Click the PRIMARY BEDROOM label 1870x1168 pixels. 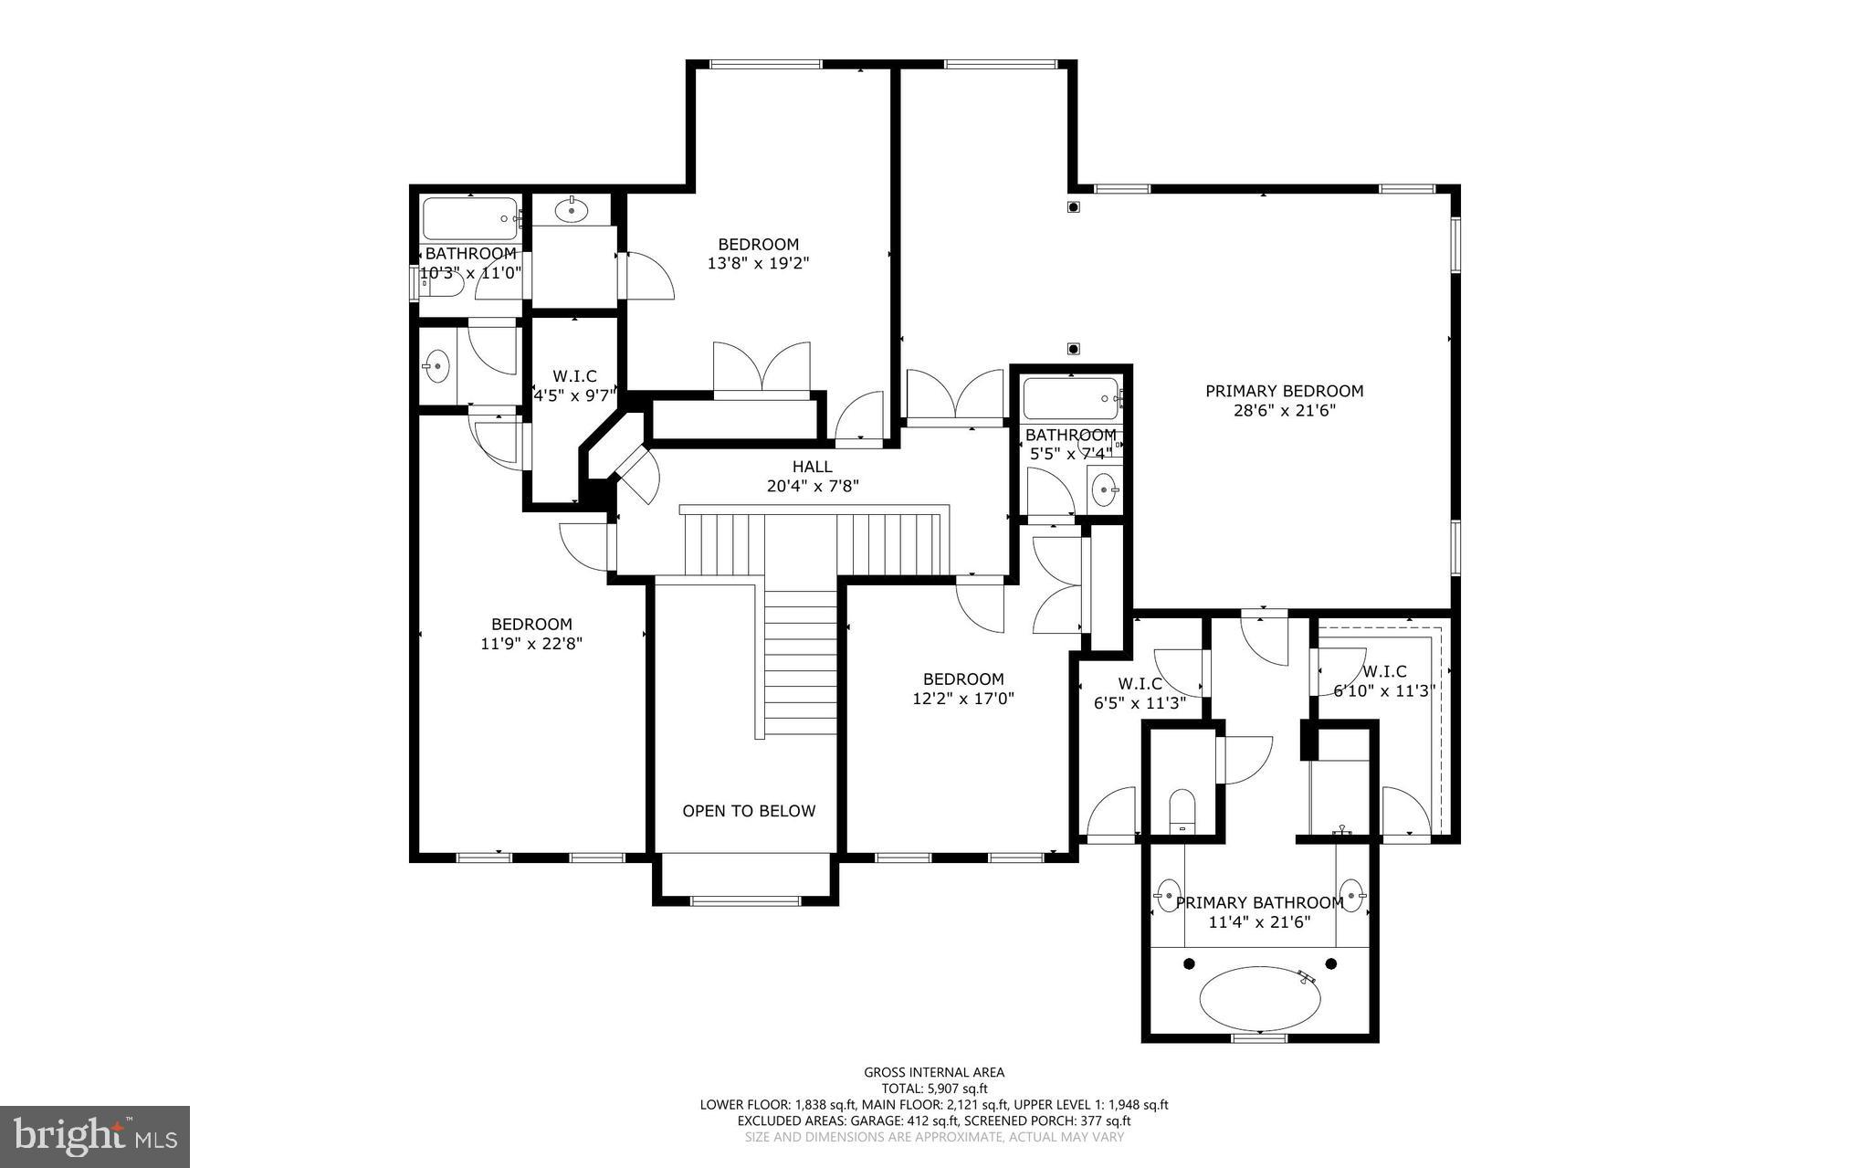tap(1284, 391)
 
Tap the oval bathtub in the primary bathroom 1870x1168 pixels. tap(1260, 998)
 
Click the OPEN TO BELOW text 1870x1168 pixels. tap(749, 811)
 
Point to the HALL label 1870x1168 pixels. tap(812, 467)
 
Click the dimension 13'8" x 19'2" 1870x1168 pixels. tap(758, 263)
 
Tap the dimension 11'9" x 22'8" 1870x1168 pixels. tap(531, 643)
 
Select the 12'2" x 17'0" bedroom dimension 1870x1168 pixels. tap(963, 698)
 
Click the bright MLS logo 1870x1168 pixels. tap(95, 1136)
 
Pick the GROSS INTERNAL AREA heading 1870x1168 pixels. tap(934, 1072)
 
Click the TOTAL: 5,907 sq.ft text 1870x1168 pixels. tap(934, 1088)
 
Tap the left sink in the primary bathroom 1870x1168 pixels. tap(1168, 892)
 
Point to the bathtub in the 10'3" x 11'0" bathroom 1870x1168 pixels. tap(470, 218)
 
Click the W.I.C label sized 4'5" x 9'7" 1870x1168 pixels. tap(574, 376)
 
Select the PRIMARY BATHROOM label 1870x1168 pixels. tap(1259, 902)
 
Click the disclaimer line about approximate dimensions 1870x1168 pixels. tap(934, 1137)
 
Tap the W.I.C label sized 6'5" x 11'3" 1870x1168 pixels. tap(1140, 683)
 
